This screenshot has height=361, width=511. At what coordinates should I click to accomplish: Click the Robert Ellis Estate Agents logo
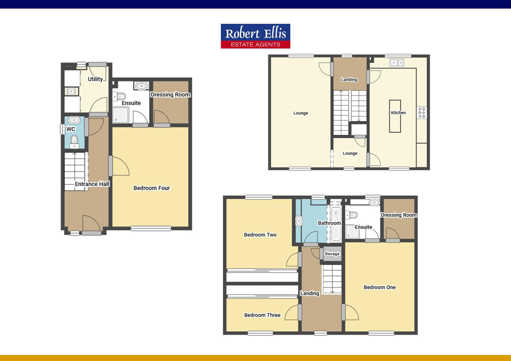255,36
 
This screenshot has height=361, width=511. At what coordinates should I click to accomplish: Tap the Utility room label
95,79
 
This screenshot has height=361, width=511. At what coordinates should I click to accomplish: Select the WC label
71,129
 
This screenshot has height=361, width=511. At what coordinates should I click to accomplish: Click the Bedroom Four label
151,188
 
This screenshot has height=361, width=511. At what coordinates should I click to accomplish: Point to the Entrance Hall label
92,184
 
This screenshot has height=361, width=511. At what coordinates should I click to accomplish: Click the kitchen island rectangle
395,116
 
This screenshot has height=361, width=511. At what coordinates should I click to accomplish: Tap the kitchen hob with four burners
421,112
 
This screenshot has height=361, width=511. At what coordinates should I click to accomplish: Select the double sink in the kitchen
397,62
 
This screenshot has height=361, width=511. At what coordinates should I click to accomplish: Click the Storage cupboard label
332,254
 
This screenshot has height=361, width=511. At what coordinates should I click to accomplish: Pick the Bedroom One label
380,287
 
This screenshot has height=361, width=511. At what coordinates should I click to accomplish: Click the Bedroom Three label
262,315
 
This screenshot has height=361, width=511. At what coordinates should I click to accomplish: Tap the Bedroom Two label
260,235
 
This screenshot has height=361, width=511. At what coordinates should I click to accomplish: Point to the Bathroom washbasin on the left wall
299,221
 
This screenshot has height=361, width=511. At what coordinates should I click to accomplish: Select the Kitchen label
398,113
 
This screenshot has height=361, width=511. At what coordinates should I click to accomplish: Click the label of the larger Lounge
301,113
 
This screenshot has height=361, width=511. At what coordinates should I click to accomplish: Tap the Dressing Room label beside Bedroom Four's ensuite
170,95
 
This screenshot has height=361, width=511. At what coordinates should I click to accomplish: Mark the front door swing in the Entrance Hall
90,223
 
